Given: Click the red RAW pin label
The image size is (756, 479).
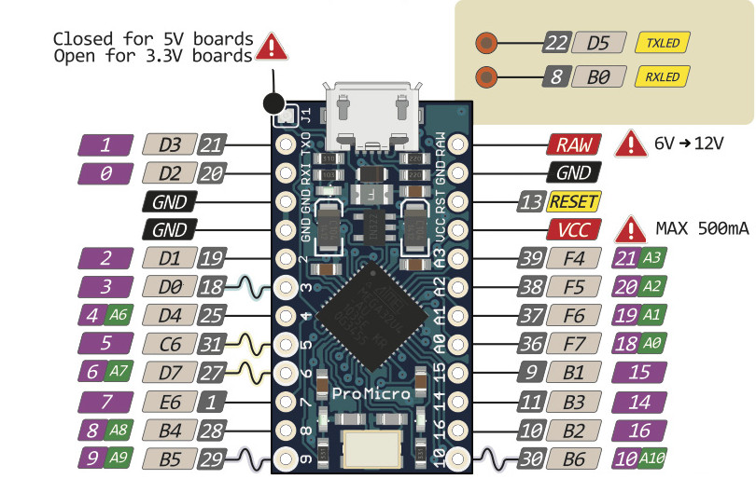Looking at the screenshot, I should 572,144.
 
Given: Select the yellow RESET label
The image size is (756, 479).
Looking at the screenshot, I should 574,201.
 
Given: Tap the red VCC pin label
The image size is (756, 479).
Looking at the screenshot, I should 572,229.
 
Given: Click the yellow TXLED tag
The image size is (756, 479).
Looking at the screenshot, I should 662,42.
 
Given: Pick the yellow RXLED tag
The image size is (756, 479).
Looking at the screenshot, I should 662,76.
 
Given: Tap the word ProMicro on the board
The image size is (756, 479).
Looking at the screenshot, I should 371,394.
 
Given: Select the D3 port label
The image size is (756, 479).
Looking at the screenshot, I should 169,144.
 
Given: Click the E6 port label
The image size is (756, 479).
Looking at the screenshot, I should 169,403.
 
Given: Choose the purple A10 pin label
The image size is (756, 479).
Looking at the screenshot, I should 637,458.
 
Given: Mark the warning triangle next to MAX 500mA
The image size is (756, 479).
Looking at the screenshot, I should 634,228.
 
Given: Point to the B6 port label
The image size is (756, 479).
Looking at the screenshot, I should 572,458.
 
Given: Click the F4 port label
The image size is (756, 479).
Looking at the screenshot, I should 572,258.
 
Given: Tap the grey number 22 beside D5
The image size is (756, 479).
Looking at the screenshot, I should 557,42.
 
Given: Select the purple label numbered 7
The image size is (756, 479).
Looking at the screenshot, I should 105,403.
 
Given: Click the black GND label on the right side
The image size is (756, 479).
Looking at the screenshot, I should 572,173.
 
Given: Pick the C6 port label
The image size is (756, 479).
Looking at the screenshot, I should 169,344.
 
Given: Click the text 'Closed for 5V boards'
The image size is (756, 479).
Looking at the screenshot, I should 153,39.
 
